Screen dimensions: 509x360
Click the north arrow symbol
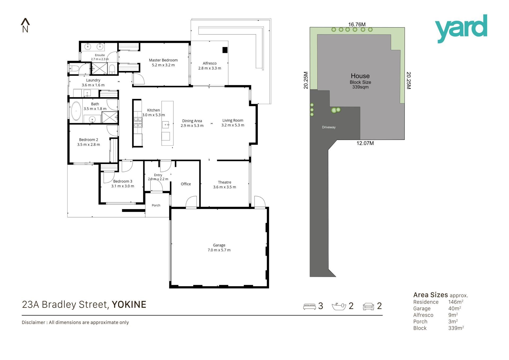click(x=25, y=25)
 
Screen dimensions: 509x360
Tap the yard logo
click(x=461, y=29)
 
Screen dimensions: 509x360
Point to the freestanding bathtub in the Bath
click(x=76, y=111)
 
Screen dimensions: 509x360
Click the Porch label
click(x=156, y=205)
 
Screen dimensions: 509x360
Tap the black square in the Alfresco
click(x=225, y=50)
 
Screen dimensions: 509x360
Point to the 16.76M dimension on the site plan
click(x=357, y=24)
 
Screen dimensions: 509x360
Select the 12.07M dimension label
click(x=365, y=143)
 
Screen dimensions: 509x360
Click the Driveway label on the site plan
click(x=329, y=127)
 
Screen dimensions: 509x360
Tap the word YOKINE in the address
click(x=129, y=305)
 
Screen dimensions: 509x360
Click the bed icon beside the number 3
click(x=309, y=306)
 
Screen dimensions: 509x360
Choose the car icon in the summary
click(x=368, y=306)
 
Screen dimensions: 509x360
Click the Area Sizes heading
click(x=431, y=295)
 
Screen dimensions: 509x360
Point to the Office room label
click(x=186, y=184)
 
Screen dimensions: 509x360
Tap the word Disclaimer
click(x=33, y=322)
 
